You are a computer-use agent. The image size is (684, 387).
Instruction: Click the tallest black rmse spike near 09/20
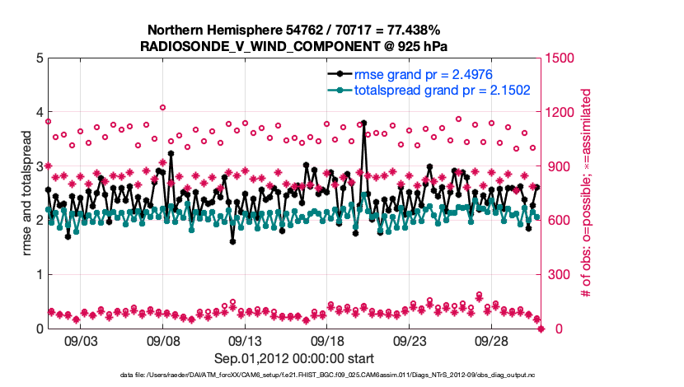(x=363, y=123)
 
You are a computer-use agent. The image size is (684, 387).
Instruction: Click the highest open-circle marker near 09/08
(x=163, y=107)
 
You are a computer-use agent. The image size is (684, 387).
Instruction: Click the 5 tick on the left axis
(x=37, y=58)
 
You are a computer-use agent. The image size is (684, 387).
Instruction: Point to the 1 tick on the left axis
(x=37, y=274)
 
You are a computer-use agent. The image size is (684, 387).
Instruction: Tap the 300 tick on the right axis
(x=556, y=274)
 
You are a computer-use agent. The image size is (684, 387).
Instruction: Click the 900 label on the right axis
(x=556, y=166)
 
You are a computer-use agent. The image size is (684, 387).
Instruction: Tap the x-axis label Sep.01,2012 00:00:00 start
(x=294, y=358)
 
